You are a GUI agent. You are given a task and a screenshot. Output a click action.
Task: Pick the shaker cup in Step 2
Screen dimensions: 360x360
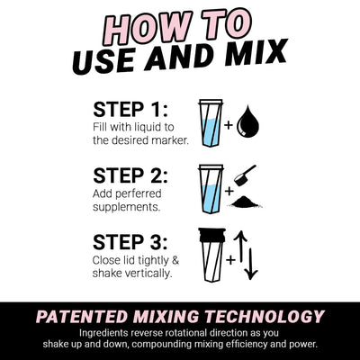tap(210, 190)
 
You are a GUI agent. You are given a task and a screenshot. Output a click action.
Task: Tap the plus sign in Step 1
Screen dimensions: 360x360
tap(229, 126)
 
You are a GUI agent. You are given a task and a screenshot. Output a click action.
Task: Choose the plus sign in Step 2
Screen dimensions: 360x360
tap(229, 191)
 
